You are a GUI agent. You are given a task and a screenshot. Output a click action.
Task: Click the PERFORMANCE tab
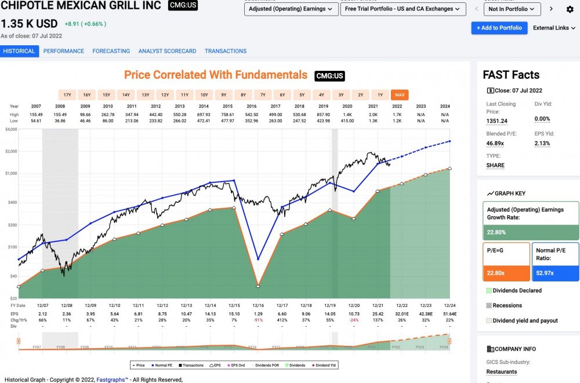coord(64,51)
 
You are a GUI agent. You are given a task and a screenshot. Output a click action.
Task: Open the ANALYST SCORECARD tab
coord(167,51)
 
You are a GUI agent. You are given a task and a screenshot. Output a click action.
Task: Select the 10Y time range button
coord(204,95)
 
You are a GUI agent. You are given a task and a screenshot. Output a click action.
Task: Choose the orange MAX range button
coord(399,95)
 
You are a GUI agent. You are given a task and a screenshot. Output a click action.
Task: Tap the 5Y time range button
coord(302,95)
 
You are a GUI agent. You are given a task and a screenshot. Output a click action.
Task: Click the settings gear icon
coord(570,9)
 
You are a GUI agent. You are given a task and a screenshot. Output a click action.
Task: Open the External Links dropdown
coord(554,28)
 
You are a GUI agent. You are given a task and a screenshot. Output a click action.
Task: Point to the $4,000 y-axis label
coord(10,129)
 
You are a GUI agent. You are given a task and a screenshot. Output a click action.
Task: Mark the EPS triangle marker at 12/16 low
coord(258,286)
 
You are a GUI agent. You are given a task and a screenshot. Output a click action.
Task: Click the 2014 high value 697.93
coord(204,115)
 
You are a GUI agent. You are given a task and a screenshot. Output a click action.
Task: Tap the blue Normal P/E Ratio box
coord(555,261)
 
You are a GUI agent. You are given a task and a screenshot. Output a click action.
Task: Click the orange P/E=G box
coord(506,261)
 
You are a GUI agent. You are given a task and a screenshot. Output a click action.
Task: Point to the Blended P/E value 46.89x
coord(495,143)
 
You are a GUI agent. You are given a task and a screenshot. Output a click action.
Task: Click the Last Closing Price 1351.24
coord(497,121)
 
